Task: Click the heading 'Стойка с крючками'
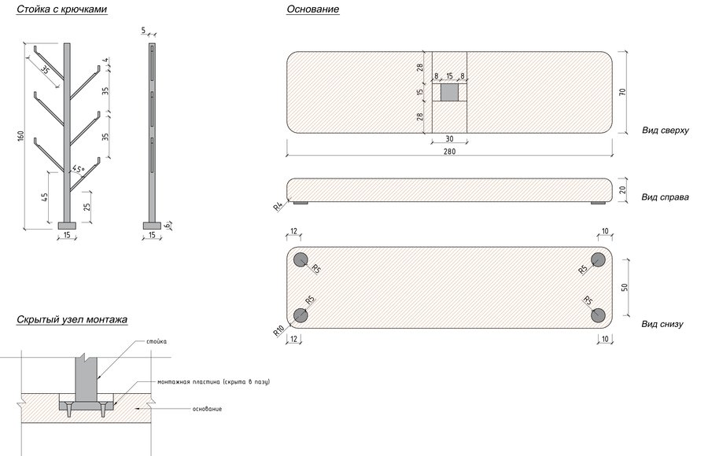pos(62,9)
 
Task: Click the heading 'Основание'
pos(313,9)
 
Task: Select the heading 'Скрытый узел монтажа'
pos(72,320)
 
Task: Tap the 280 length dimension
pos(449,151)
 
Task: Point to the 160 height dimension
pos(20,136)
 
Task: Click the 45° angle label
pos(78,170)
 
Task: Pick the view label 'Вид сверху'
pos(666,131)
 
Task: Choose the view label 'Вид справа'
pos(665,197)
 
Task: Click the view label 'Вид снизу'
pos(662,324)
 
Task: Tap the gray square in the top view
pos(449,93)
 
